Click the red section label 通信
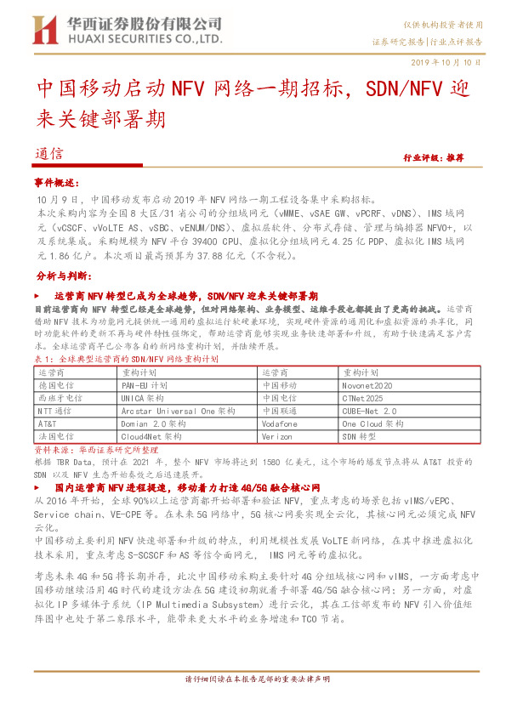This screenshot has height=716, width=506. coord(50,154)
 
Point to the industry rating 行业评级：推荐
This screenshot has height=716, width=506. coord(433,158)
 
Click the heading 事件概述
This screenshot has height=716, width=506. coord(56,183)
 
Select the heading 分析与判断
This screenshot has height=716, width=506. coord(61,276)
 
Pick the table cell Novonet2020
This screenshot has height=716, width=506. coord(367,385)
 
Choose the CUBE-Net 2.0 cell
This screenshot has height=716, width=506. coord(369,410)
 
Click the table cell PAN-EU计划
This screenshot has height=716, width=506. coord(145,385)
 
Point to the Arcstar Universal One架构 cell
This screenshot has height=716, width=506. coord(179,410)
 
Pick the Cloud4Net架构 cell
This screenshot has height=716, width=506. coord(151,435)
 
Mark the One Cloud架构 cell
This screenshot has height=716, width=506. coord(372,423)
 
